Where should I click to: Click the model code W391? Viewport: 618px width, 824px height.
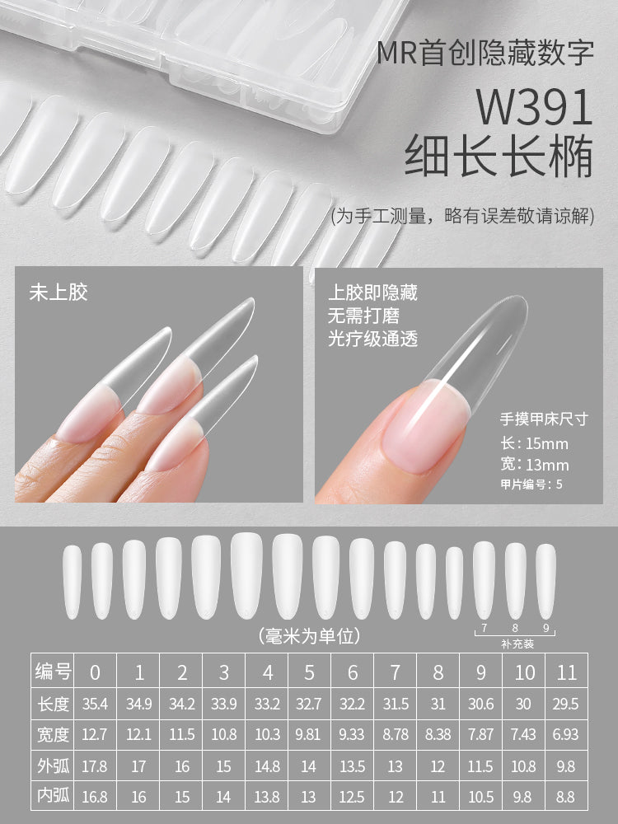[536, 108]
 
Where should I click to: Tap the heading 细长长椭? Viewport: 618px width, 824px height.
[499, 156]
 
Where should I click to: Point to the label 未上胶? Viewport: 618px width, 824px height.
[59, 292]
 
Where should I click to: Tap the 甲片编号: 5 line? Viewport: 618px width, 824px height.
[531, 484]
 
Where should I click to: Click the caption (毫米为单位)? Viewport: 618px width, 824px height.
[309, 635]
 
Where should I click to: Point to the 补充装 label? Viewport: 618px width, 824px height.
[517, 644]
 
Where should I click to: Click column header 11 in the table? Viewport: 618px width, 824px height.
[566, 672]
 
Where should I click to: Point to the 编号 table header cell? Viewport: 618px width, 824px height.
[54, 672]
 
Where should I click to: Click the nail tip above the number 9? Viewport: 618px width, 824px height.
[545, 581]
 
